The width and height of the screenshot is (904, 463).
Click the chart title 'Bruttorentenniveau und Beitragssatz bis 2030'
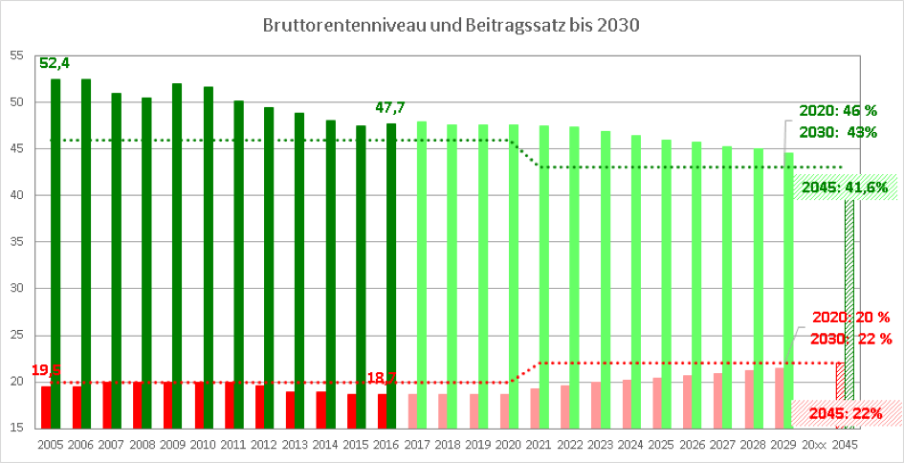pos(451,26)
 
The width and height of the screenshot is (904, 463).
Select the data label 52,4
pos(55,63)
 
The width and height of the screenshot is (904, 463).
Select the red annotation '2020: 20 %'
pos(850,317)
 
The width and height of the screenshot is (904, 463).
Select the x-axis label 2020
pos(508,445)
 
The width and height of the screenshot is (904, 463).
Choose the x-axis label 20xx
pos(814,445)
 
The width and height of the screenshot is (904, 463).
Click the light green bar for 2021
pos(543,276)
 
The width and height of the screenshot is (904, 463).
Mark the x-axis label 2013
pos(295,445)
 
